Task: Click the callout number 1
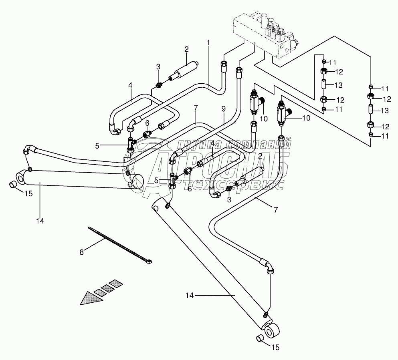pos(208,42)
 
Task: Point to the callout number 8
pos(82,252)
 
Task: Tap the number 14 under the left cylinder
pos(40,220)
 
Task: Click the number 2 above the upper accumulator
pos(186,49)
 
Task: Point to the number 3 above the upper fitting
pos(158,66)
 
